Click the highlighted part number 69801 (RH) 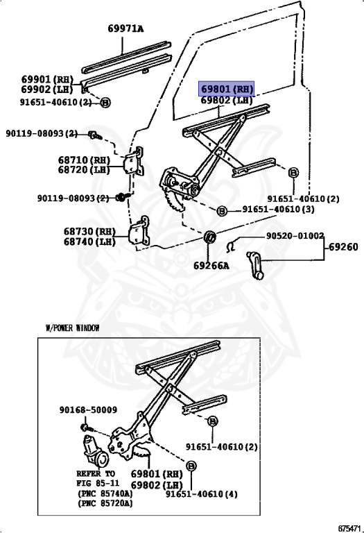tap(227, 89)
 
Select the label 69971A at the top tap(125, 28)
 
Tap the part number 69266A tap(211, 266)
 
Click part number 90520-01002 tap(295, 235)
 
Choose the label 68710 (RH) tap(84, 160)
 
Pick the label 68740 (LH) tap(89, 242)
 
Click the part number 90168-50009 tap(88, 410)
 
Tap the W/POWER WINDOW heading tap(72, 328)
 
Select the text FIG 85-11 tap(98, 483)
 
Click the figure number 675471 tap(349, 528)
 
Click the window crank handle tap(256, 265)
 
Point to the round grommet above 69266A tap(209, 236)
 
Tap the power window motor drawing tap(94, 451)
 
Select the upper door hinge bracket tap(134, 161)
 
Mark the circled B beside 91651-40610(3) tap(221, 211)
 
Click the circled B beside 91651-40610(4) tap(191, 466)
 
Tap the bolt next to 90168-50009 tap(85, 427)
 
